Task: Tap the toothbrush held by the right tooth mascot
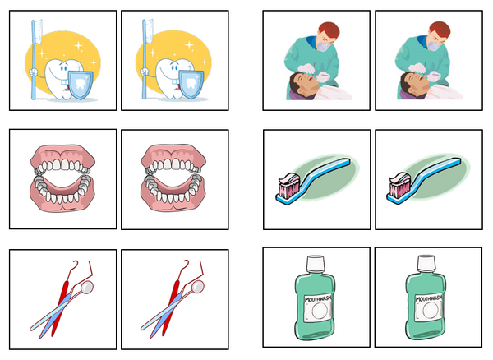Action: click(147, 49)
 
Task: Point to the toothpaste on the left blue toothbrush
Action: click(288, 186)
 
